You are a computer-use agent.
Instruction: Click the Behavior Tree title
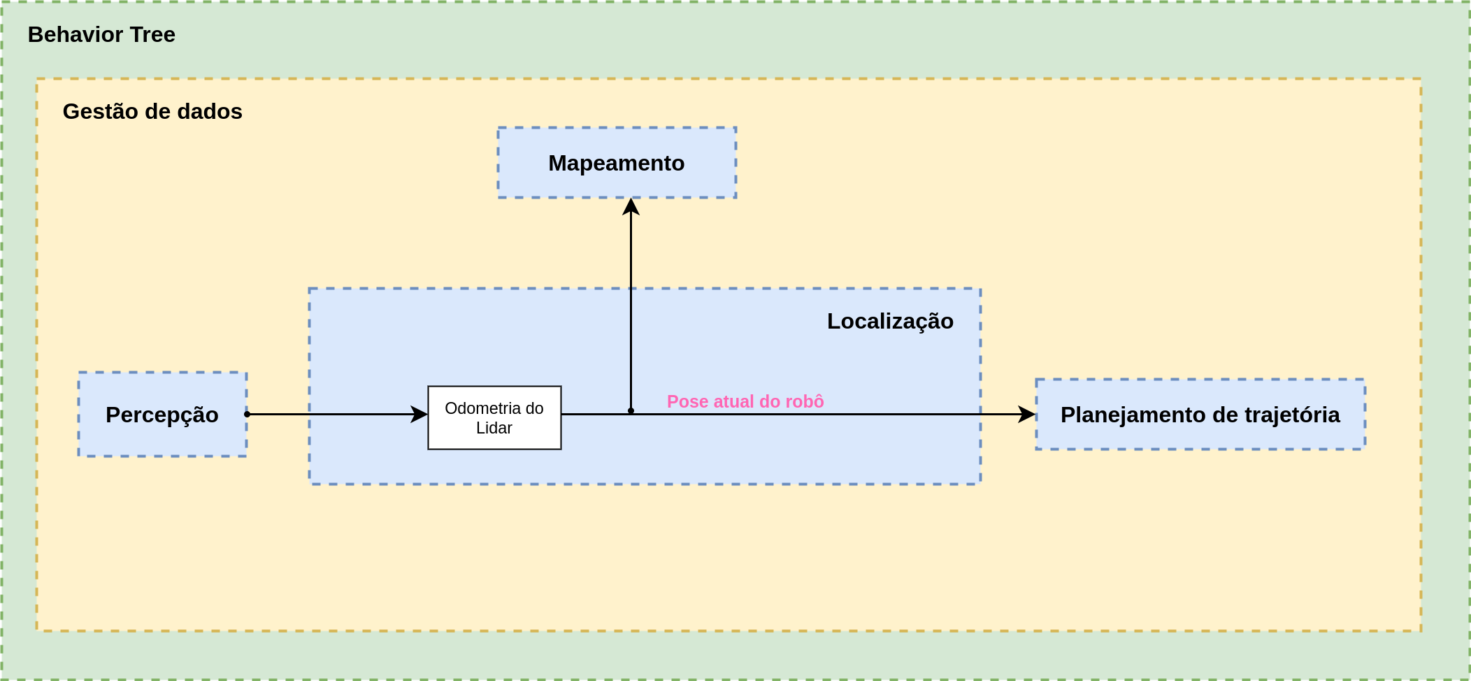[101, 34]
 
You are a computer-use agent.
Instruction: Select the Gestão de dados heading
[152, 111]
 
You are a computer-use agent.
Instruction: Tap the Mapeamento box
[617, 163]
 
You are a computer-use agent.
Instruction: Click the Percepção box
[162, 415]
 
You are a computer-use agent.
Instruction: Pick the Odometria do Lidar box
[494, 417]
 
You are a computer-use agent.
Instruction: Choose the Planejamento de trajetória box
[1200, 415]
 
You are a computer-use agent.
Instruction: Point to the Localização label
[890, 321]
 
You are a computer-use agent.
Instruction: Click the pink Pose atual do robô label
[745, 401]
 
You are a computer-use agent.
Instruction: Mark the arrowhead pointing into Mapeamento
[631, 206]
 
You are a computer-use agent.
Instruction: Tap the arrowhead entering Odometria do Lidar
[419, 414]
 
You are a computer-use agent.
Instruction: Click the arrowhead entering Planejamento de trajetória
[1027, 414]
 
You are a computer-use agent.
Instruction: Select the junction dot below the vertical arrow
[631, 411]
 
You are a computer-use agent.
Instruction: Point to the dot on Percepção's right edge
[247, 414]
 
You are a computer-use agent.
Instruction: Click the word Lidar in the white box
[494, 428]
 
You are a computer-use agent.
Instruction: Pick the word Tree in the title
[152, 34]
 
